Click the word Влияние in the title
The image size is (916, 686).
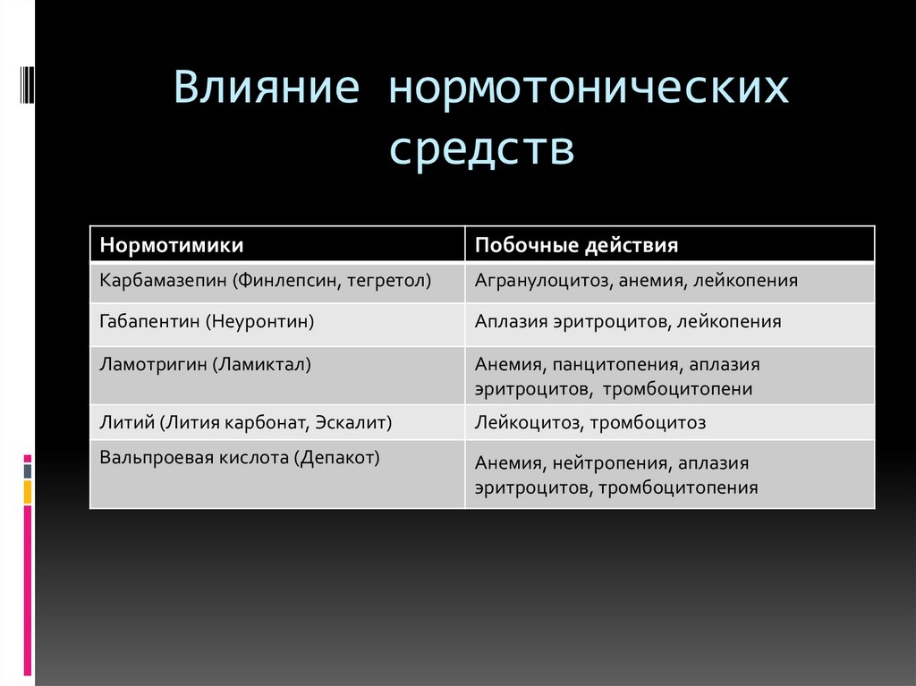tap(267, 90)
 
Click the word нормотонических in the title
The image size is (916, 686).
tap(589, 90)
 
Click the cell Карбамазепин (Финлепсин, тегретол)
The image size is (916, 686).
tap(266, 281)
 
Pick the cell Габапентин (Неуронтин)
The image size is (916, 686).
tap(208, 320)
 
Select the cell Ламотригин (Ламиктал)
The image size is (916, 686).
tap(206, 364)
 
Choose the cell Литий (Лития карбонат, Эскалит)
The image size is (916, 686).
tap(246, 422)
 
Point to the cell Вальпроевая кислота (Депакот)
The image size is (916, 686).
tap(240, 457)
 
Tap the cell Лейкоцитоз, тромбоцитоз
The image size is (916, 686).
tap(590, 422)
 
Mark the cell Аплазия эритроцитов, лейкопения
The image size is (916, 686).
tap(628, 321)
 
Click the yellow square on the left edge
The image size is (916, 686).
tap(28, 491)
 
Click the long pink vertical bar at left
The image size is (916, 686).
tap(28, 590)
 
